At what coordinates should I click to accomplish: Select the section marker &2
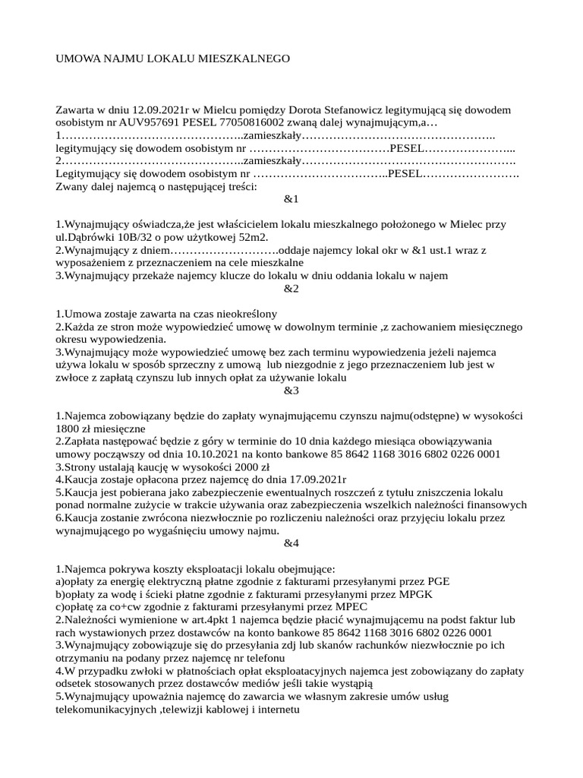(x=291, y=289)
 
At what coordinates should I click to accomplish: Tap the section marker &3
(x=291, y=391)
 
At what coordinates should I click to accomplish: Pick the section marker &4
(x=291, y=543)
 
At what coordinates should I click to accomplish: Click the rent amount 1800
(x=70, y=429)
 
